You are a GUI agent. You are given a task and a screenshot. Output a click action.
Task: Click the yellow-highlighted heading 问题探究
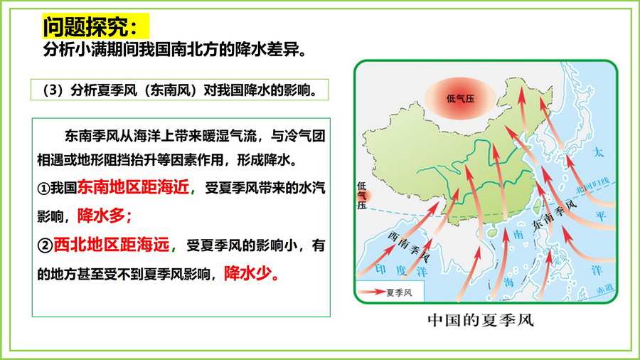tap(90, 26)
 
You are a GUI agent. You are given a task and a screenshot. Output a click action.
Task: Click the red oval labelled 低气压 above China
tap(460, 98)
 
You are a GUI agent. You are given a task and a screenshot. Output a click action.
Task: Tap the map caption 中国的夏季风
tap(481, 320)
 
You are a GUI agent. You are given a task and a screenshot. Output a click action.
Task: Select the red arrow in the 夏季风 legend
tap(371, 292)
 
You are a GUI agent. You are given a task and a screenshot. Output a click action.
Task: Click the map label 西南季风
tap(409, 247)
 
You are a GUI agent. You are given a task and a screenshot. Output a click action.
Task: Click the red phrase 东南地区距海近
tap(133, 187)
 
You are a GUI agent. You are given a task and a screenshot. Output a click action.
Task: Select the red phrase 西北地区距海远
tap(112, 245)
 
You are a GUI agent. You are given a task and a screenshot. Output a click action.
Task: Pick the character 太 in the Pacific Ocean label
tap(598, 153)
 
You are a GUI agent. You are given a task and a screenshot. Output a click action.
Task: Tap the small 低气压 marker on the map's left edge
tap(363, 196)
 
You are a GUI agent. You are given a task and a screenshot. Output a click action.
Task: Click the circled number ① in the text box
tap(43, 188)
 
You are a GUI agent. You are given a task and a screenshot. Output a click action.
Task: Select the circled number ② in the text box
tap(45, 245)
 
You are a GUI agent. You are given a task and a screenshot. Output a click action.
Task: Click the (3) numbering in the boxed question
tap(52, 90)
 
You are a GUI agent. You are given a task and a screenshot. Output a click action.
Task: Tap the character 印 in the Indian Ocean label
tap(380, 269)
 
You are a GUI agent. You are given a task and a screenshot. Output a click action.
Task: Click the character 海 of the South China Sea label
tap(508, 282)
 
